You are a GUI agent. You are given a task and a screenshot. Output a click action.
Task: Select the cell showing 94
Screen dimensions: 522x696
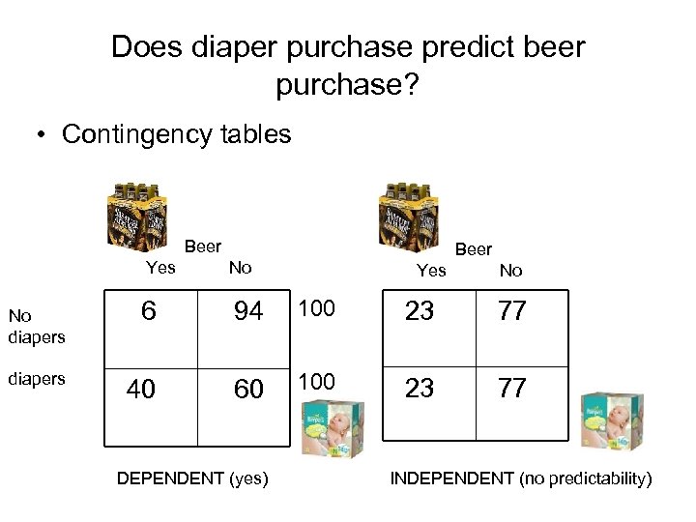pyautogui.click(x=248, y=311)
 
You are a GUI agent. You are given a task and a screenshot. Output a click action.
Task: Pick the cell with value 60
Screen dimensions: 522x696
pyautogui.click(x=248, y=389)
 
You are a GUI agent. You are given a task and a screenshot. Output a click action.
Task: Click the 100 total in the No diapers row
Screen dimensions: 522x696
pyautogui.click(x=316, y=308)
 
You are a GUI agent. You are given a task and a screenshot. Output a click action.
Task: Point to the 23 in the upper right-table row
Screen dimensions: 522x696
pyautogui.click(x=420, y=311)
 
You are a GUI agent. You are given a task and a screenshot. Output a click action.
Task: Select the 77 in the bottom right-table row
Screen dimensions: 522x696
pyautogui.click(x=512, y=389)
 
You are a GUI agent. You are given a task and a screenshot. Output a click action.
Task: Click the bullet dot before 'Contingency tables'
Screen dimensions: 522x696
pyautogui.click(x=43, y=135)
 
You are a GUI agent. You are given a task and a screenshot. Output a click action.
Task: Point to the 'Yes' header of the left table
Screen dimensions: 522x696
pyautogui.click(x=160, y=268)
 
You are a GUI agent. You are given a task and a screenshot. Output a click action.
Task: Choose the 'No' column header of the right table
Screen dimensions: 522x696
pyautogui.click(x=510, y=271)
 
